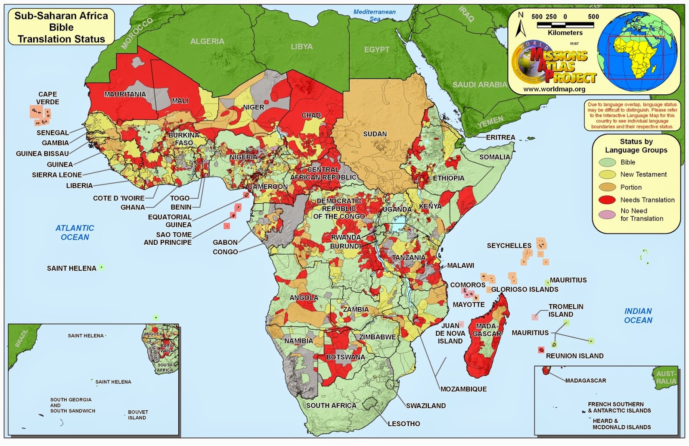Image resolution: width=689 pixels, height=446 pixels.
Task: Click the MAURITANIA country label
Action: pyautogui.click(x=125, y=94)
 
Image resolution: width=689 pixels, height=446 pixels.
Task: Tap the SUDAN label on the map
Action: pyautogui.click(x=375, y=134)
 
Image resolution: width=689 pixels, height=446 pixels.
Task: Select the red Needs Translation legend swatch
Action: pyautogui.click(x=607, y=200)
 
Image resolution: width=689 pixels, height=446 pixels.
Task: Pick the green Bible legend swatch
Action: pyautogui.click(x=607, y=162)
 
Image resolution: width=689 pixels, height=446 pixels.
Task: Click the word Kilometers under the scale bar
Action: pyautogui.click(x=565, y=33)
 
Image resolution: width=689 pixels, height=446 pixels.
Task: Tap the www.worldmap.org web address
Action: pyautogui.click(x=554, y=89)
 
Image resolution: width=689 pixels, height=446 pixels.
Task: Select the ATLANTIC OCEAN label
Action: pyautogui.click(x=75, y=232)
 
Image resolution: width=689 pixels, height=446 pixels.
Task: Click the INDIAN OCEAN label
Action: pyautogui.click(x=638, y=315)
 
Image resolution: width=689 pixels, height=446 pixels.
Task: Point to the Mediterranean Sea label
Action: pyautogui.click(x=374, y=15)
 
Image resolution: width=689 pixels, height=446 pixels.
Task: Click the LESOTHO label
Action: pyautogui.click(x=403, y=424)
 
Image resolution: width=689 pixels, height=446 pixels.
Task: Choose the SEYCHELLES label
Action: pyautogui.click(x=509, y=246)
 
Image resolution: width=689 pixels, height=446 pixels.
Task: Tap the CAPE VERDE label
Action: pyautogui.click(x=47, y=98)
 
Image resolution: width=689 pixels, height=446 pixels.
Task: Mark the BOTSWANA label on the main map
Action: pyautogui.click(x=345, y=357)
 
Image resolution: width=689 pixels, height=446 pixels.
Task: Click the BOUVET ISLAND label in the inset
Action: pyautogui.click(x=137, y=415)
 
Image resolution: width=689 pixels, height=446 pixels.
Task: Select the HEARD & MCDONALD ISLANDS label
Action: pyautogui.click(x=621, y=424)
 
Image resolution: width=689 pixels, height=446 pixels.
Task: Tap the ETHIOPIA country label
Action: pyautogui.click(x=448, y=178)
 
